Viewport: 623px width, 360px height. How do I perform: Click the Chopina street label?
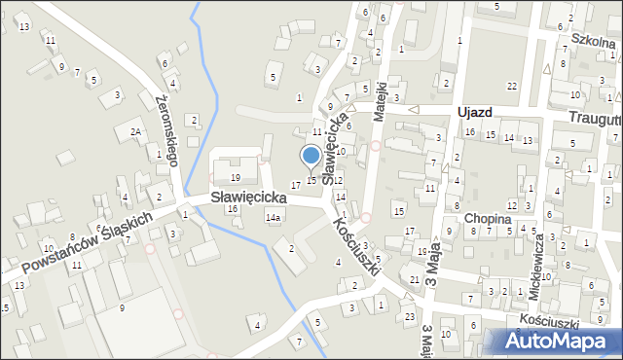pos(488,219)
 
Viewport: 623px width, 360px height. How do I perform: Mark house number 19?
pos(235,178)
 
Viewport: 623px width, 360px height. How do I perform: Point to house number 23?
pos(410,317)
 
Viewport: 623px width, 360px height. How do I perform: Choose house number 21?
pos(415,280)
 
